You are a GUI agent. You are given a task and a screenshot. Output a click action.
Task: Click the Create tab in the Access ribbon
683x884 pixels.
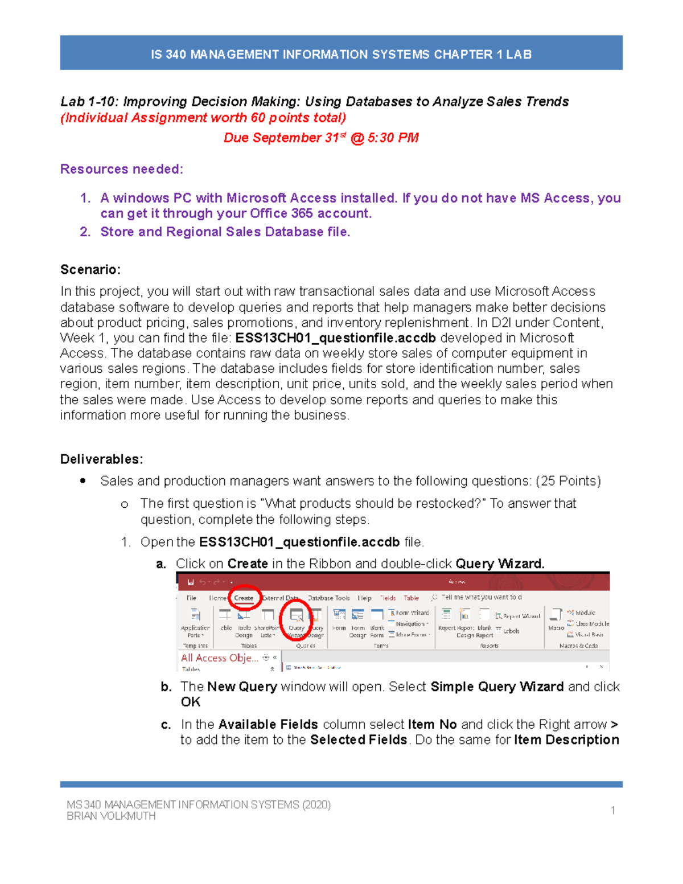coord(244,598)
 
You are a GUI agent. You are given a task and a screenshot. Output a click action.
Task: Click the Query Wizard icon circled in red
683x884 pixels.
coord(297,620)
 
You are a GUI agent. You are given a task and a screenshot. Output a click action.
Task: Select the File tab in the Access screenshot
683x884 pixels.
coord(191,598)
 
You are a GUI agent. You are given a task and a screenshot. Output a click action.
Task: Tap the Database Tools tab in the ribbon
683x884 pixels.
coord(328,598)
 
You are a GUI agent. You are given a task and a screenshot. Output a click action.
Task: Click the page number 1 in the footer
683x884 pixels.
coord(613,810)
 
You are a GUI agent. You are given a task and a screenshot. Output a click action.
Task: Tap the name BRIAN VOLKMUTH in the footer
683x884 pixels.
coord(111,816)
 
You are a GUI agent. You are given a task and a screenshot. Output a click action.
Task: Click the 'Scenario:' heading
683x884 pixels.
coord(90,269)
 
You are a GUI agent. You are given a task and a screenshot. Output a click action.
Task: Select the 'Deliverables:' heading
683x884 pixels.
coord(102,459)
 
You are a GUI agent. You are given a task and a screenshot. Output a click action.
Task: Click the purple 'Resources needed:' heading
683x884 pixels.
coord(122,169)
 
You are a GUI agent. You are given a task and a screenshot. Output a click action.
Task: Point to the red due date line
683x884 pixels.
coord(321,138)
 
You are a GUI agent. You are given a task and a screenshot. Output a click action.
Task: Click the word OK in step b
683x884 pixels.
coord(191,702)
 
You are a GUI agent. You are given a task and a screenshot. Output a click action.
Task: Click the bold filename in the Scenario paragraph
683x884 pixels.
coord(335,338)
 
